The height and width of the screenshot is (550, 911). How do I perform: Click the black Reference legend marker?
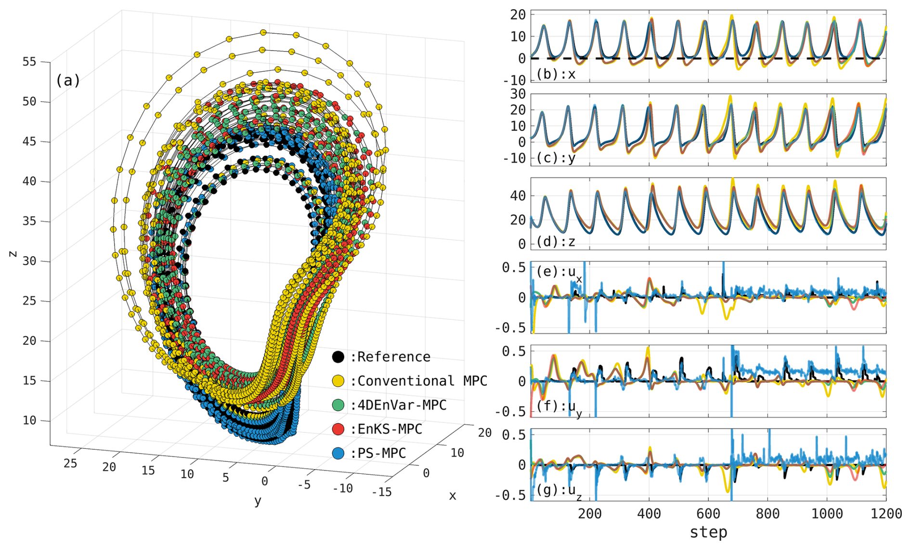pos(338,357)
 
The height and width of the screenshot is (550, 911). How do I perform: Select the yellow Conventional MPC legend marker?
pos(338,381)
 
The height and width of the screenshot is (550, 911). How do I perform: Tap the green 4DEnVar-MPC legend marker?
pos(338,405)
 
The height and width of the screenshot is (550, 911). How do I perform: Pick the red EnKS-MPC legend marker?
pos(338,429)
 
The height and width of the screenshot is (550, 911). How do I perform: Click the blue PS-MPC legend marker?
pos(338,453)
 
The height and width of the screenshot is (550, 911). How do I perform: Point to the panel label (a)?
pos(68,80)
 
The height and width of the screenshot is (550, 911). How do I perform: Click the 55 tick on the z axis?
pos(29,62)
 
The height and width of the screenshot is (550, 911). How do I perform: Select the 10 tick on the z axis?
pos(29,420)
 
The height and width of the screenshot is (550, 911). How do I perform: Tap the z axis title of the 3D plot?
pos(13,254)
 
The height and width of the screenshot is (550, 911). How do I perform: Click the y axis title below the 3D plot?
pos(258,501)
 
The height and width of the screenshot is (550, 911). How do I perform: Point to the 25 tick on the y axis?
pos(70,463)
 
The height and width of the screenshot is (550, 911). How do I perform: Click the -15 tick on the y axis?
pos(382,492)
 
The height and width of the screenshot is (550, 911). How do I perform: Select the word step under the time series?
pos(708,532)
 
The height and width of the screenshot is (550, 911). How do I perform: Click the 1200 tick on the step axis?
pos(886,513)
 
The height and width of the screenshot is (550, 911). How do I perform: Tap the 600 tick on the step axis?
pos(708,513)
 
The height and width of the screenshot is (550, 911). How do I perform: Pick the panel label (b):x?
pos(556,75)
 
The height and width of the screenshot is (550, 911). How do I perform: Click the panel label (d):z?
pos(556,242)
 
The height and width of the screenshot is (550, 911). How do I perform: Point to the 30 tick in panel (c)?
pos(518,94)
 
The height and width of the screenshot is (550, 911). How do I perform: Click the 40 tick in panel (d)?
pos(518,196)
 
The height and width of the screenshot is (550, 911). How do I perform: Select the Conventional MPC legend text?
pos(422,381)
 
